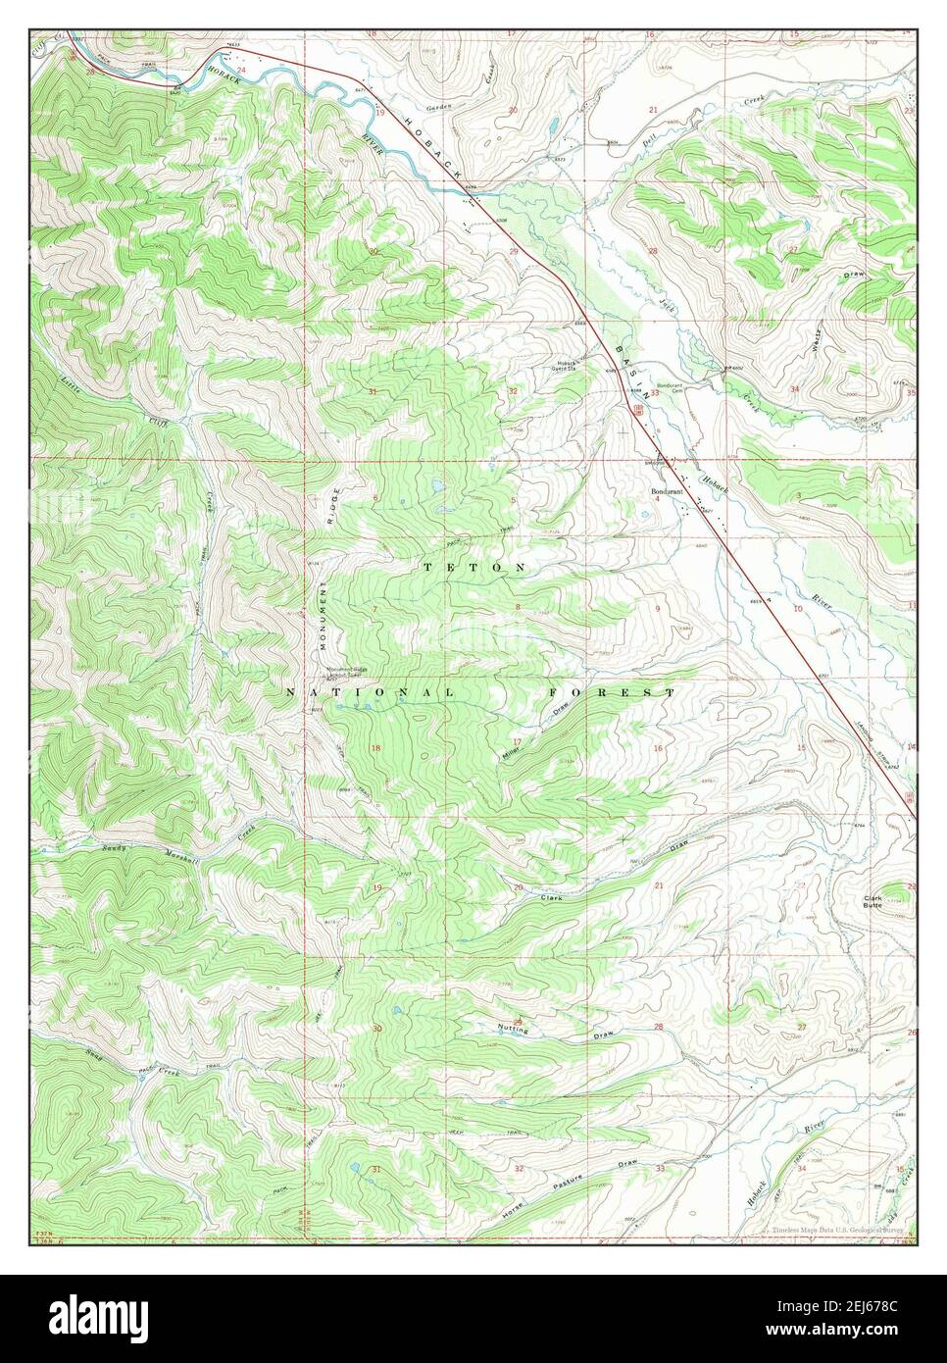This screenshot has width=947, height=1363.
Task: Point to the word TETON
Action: pos(474,568)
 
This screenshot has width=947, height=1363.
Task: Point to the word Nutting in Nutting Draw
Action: pos(513,1030)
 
